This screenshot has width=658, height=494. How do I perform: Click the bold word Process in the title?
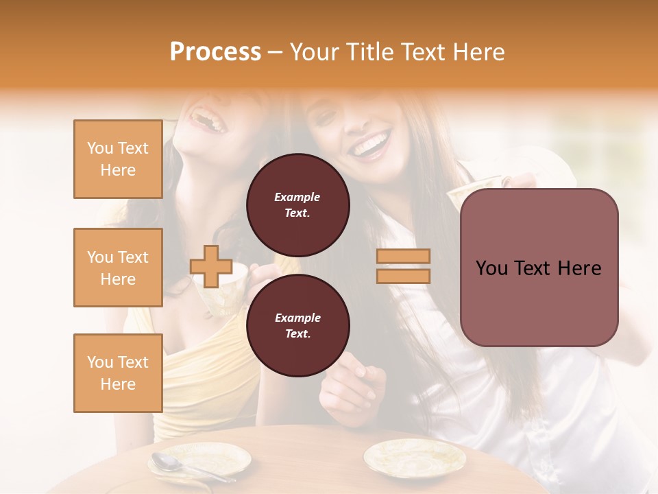tap(215, 52)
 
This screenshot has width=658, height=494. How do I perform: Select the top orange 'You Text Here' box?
tap(118, 159)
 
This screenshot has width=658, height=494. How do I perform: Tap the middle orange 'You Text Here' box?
tap(118, 268)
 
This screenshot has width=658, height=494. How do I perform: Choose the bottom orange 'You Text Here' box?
tap(118, 373)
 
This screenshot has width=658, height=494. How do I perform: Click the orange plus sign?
tap(211, 266)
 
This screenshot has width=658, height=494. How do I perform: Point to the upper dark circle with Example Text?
tap(297, 204)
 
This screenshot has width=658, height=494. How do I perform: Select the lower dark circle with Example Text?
tap(297, 325)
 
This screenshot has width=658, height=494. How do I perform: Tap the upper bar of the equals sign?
tap(403, 256)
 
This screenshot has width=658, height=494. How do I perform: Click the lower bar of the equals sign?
tap(403, 276)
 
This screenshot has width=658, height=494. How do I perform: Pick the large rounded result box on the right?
tap(539, 268)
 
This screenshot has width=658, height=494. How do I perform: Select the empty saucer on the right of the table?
tap(414, 456)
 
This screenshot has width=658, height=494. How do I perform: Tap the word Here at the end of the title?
tap(479, 52)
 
